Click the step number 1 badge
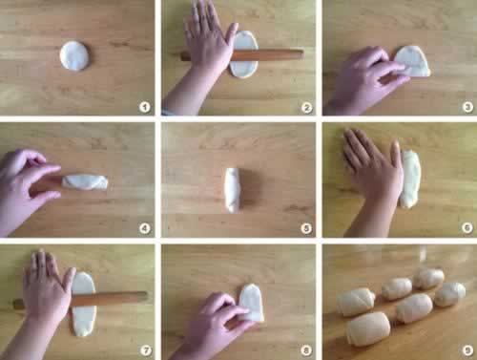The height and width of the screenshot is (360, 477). [145, 107]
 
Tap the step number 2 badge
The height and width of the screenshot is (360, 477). [306, 108]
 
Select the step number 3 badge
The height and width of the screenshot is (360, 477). [467, 107]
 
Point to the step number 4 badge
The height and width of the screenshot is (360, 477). [145, 228]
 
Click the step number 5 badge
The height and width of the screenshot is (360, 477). [306, 228]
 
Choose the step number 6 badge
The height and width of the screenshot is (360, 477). [467, 228]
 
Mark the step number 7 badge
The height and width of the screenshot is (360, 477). [146, 350]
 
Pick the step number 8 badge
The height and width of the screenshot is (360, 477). [306, 350]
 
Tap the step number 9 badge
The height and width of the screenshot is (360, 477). [467, 350]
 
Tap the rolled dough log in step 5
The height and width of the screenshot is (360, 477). [232, 190]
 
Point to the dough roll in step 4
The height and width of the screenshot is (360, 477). [85, 181]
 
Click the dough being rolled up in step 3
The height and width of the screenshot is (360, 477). [412, 62]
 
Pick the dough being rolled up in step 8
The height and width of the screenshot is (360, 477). [252, 303]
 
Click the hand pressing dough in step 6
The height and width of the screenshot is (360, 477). [372, 179]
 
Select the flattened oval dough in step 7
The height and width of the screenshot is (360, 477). [84, 304]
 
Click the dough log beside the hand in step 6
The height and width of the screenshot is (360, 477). [410, 180]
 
